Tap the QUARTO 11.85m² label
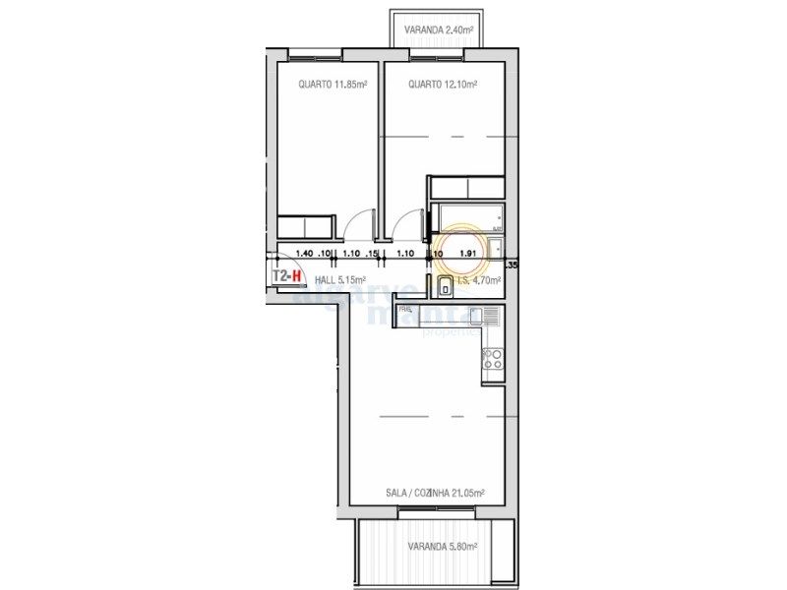point(333,86)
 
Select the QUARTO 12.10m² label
point(443,86)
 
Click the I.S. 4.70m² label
point(478,280)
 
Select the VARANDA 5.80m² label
point(443,547)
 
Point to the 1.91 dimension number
point(468,254)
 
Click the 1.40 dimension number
point(304,254)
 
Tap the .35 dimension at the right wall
point(511,265)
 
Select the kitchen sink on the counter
point(485,316)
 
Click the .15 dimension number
point(371,254)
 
